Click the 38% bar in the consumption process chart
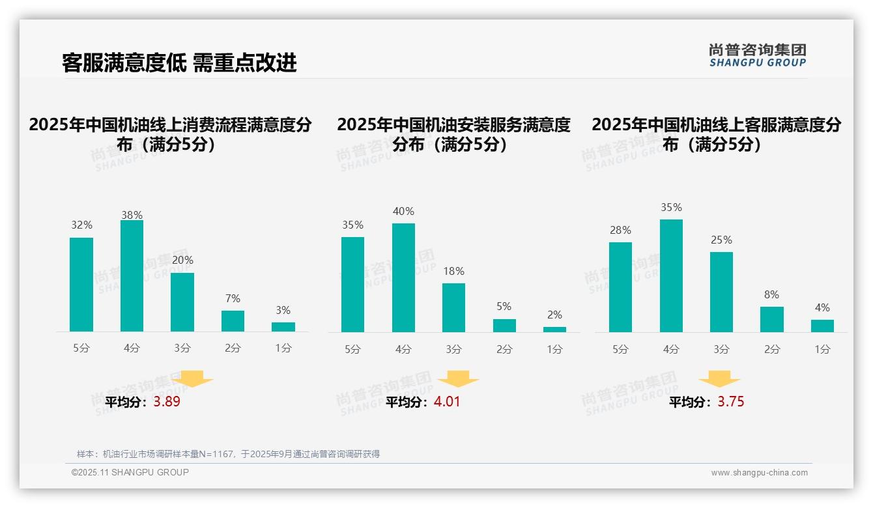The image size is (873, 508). click(132, 276)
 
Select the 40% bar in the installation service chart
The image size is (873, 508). click(403, 278)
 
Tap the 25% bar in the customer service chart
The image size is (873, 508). click(721, 292)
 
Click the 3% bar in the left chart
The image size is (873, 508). click(283, 327)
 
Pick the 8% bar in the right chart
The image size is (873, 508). click(772, 320)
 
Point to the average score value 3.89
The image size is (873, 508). click(167, 402)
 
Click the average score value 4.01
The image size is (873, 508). click(447, 402)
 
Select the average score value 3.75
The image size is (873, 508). click(731, 402)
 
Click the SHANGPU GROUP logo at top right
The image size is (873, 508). click(758, 55)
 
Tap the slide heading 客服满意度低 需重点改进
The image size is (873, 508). click(179, 63)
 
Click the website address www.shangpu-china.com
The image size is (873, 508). click(759, 473)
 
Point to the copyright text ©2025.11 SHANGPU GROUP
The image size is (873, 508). click(130, 472)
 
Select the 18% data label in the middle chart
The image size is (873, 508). click(453, 271)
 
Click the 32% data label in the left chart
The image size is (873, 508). click(81, 225)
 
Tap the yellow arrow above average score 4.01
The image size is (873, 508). click(458, 379)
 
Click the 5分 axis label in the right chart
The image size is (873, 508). click(620, 350)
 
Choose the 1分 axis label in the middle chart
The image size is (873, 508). click(554, 350)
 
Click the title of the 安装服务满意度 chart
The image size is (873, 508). click(453, 134)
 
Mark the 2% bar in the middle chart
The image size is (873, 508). click(554, 330)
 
